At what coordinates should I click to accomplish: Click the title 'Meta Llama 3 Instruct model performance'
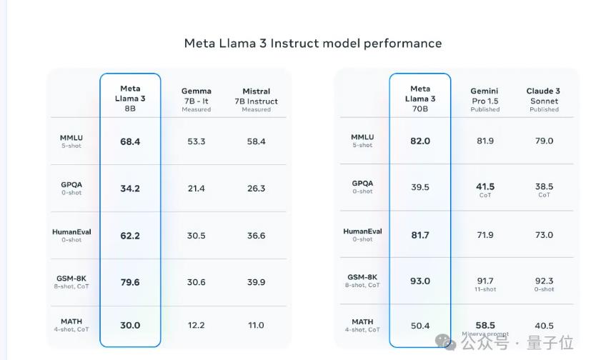(x=313, y=43)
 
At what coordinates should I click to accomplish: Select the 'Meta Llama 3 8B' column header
(x=130, y=99)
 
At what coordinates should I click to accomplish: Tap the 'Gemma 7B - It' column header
(x=197, y=99)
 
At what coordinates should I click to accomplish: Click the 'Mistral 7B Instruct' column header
(x=256, y=99)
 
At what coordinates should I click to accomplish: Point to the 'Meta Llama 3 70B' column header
(x=420, y=99)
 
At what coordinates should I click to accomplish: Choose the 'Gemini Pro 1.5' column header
(x=485, y=99)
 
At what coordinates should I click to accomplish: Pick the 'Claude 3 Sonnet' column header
(x=544, y=99)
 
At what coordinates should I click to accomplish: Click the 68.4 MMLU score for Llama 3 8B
(x=130, y=141)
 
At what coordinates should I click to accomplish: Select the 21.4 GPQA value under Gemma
(x=197, y=189)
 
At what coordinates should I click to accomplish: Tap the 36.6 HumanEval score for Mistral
(x=256, y=236)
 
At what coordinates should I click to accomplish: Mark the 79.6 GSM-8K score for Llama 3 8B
(x=130, y=282)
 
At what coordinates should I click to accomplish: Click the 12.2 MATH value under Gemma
(x=197, y=325)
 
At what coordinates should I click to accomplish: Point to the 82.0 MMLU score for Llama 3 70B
(x=420, y=141)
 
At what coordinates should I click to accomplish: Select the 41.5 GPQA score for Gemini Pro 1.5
(x=485, y=187)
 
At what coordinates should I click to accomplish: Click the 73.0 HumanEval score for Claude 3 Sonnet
(x=544, y=235)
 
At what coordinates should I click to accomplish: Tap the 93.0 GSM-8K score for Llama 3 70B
(x=420, y=281)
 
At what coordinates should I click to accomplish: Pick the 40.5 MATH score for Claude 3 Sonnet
(x=544, y=326)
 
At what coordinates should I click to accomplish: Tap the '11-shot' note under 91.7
(x=485, y=289)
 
